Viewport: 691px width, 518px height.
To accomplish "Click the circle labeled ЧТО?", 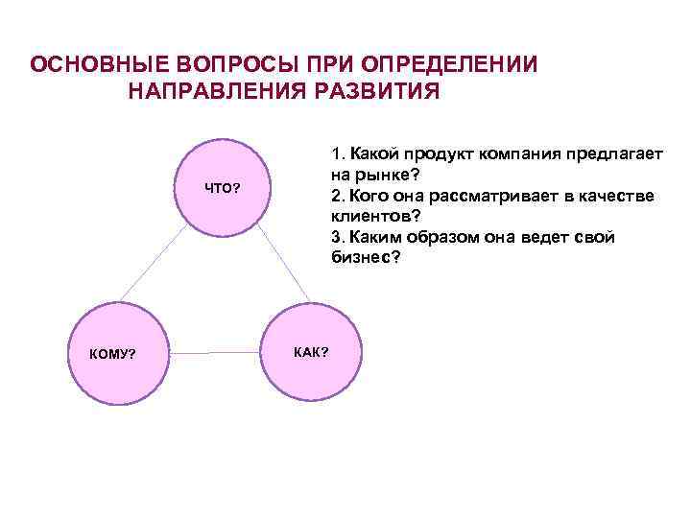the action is coord(223,188).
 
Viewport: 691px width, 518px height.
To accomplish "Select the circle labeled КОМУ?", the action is coord(112,354).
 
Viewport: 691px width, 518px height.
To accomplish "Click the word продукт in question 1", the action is coord(443,154).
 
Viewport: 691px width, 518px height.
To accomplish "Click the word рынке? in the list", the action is coord(387,176).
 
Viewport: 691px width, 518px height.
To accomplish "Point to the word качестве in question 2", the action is coord(622,197).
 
